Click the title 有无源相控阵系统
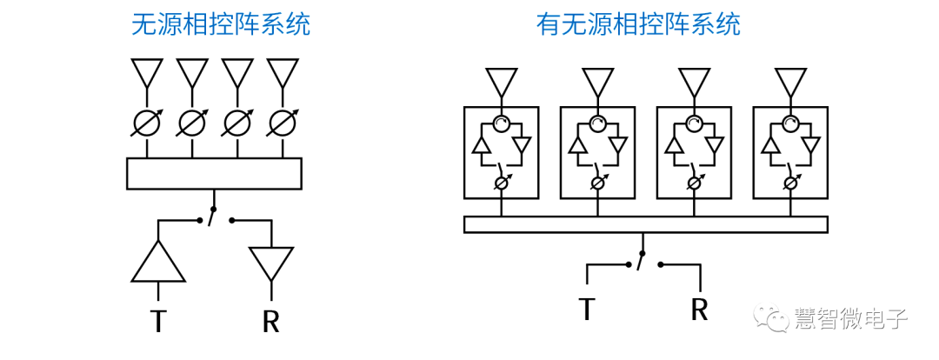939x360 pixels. (x=638, y=23)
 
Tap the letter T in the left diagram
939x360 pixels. (x=157, y=321)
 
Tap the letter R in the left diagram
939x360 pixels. (x=270, y=321)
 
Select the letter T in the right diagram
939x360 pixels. (x=588, y=308)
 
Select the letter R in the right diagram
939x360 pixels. (x=700, y=308)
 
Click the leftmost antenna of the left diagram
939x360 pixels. (x=147, y=72)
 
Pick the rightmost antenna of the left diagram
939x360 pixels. (x=283, y=72)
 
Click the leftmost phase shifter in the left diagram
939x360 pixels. (x=147, y=124)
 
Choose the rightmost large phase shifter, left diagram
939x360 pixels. (x=283, y=124)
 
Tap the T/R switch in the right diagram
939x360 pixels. (x=642, y=260)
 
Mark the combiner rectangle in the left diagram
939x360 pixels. (x=214, y=173)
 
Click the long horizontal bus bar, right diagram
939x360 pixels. (x=645, y=224)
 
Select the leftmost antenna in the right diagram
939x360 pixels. (x=502, y=82)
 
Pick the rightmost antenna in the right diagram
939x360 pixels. (x=789, y=82)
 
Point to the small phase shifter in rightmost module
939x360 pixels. (x=789, y=183)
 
